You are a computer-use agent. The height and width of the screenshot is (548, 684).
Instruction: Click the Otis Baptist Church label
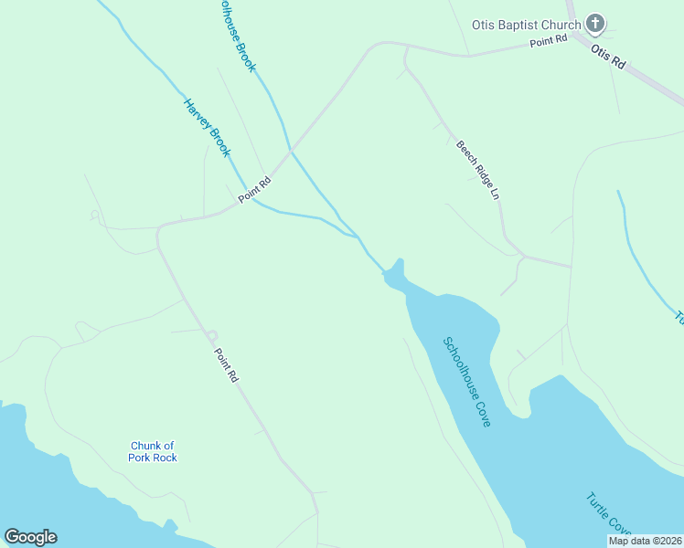(x=526, y=25)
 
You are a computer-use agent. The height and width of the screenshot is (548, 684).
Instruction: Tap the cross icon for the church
(x=594, y=24)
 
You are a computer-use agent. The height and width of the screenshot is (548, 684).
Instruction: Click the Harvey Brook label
(x=207, y=128)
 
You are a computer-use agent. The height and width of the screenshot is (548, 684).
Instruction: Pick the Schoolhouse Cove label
(x=467, y=382)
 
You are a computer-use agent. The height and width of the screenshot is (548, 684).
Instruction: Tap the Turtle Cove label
(x=608, y=515)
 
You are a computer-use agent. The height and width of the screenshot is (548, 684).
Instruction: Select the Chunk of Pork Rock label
(x=152, y=451)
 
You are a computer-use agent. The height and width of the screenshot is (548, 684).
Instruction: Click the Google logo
(x=30, y=537)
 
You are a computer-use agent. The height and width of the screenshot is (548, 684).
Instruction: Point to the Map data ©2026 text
(x=645, y=541)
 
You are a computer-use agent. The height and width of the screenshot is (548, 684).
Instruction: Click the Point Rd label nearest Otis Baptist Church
(x=549, y=39)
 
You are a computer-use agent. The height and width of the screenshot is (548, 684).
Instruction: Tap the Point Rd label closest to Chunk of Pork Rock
(x=226, y=364)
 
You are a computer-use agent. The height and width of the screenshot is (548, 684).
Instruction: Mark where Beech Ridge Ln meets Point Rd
(x=405, y=47)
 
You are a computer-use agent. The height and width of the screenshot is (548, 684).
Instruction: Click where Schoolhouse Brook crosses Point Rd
(x=291, y=152)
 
